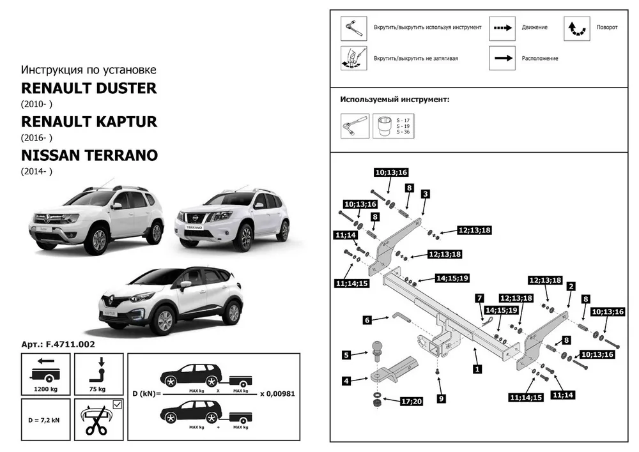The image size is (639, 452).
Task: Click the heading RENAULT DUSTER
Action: (89, 87)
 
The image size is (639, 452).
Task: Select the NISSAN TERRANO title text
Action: (89, 155)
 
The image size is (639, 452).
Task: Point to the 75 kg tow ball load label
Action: (98, 389)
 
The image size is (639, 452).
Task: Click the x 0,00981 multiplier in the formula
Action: (277, 394)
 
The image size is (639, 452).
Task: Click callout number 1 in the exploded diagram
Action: (477, 368)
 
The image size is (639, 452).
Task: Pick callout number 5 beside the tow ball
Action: (346, 354)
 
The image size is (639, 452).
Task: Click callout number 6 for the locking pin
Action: (367, 320)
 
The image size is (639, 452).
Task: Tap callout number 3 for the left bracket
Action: (425, 193)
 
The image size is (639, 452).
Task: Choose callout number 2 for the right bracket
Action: (571, 286)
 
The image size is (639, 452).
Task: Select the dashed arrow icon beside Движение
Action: (502, 28)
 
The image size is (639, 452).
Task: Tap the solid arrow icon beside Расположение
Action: (502, 58)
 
